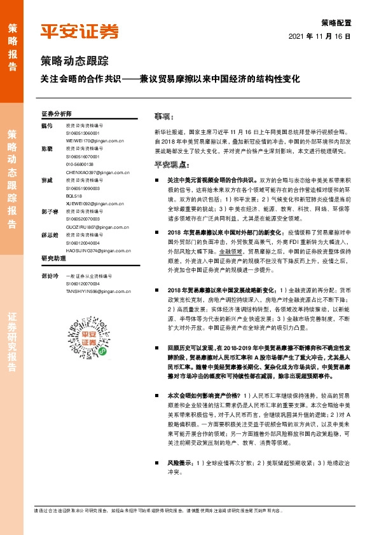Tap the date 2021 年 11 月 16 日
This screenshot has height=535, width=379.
pyautogui.click(x=324, y=37)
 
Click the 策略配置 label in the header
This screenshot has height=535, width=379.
pyautogui.click(x=337, y=22)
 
